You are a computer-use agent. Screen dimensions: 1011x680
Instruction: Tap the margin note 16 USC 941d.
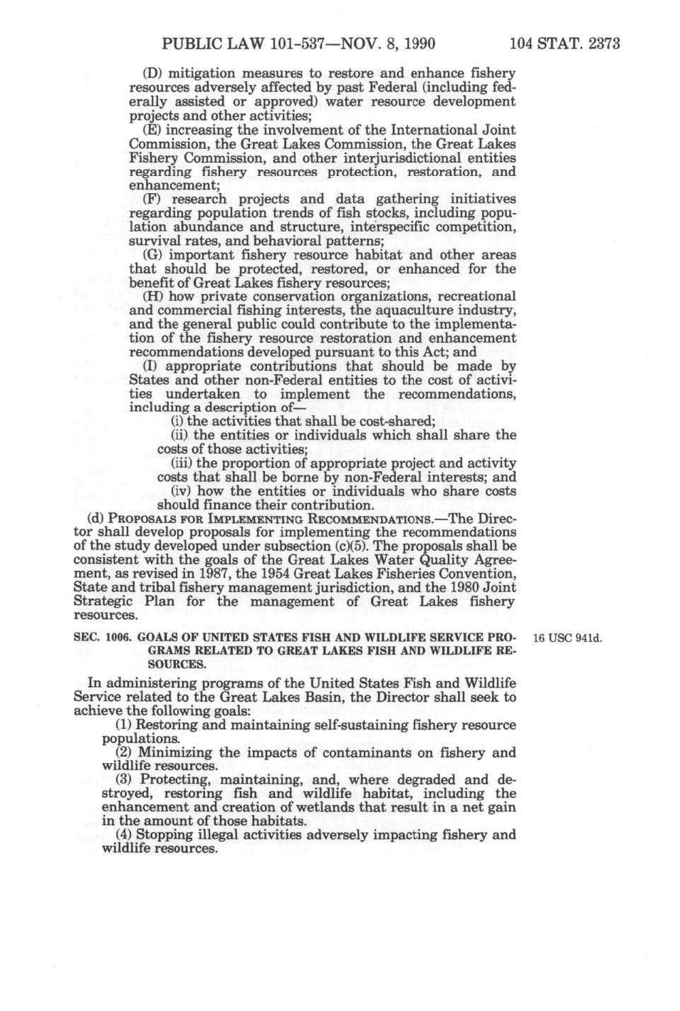pos(567,638)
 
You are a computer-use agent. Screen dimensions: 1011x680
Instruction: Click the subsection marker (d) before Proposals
pos(94,519)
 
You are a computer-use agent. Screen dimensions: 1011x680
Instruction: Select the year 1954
pos(272,574)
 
